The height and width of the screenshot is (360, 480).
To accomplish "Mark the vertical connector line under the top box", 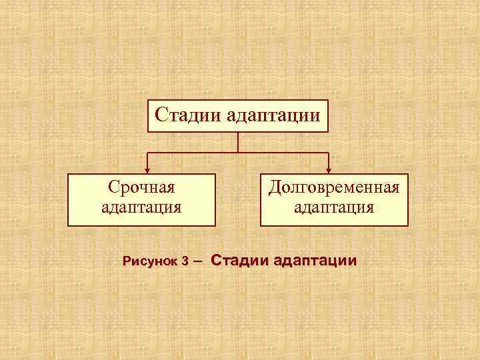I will pos(238,143).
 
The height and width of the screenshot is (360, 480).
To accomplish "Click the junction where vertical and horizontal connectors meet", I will pos(238,153).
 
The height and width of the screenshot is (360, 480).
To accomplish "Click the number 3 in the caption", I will pos(184,262).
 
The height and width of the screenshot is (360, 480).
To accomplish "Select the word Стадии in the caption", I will pos(240,260).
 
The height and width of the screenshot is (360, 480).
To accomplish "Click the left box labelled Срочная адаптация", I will pos(141,200).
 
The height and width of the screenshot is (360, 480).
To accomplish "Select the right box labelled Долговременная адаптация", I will pos(334,200).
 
